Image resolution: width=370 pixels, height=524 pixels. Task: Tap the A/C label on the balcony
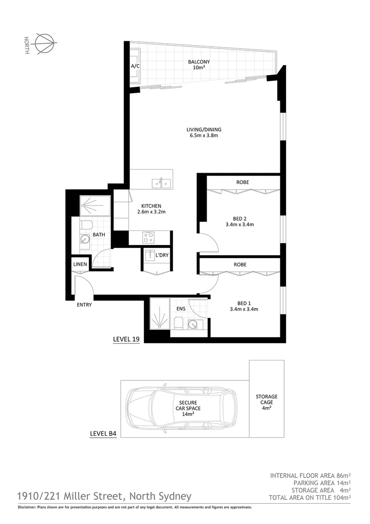coord(135,65)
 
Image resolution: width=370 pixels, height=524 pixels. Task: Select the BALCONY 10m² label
coord(199,65)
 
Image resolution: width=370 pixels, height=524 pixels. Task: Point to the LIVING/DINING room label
coord(204,132)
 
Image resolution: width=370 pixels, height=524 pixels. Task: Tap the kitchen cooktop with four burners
coord(148,237)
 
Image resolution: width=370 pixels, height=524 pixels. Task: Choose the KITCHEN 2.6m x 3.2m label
coord(151,209)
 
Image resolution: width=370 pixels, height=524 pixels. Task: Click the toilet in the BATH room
coord(87,226)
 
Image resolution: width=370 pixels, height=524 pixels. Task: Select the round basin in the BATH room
coord(85,239)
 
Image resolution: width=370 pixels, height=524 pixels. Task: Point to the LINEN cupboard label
coord(80,264)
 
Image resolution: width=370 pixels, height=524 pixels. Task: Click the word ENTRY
coord(84,305)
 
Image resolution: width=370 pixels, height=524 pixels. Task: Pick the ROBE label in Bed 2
coord(242,182)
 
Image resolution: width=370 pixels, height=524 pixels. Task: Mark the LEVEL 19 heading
coord(126,339)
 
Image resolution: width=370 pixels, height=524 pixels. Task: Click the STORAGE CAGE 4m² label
coord(267,402)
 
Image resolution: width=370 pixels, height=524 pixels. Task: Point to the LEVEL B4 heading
coord(103,434)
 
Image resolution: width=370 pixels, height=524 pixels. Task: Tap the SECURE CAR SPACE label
coord(188,408)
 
